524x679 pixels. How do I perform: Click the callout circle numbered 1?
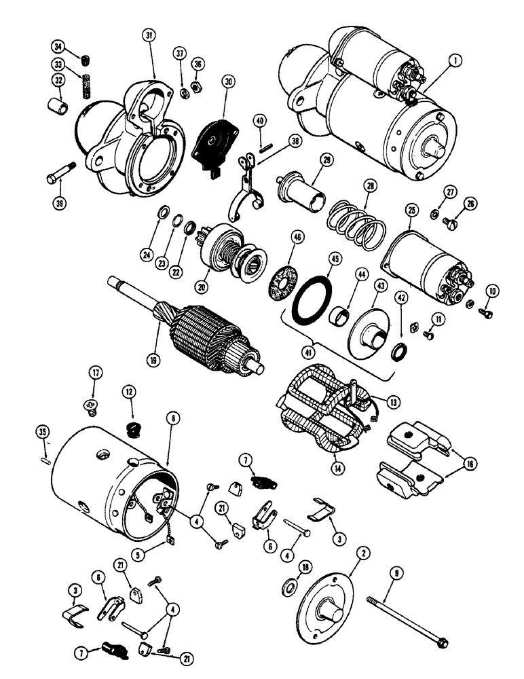click(453, 61)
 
